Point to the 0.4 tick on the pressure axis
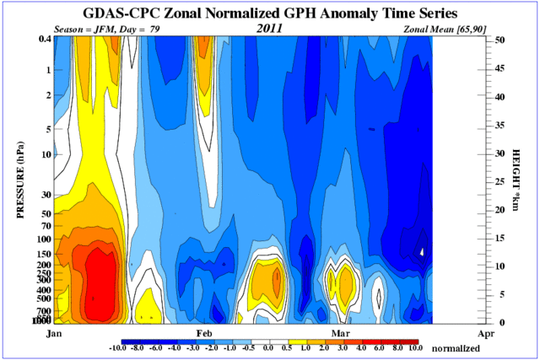44,40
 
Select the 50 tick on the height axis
500,40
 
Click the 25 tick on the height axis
500,181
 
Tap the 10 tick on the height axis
500,266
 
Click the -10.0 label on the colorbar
119,347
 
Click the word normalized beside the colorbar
460,347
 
